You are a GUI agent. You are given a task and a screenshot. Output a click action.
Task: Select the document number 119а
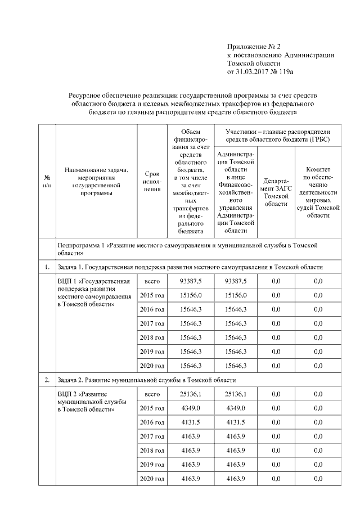(287, 72)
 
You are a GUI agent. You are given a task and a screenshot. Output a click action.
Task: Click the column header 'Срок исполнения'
(152, 182)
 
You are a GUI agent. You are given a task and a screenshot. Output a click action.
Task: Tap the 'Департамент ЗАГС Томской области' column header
(276, 192)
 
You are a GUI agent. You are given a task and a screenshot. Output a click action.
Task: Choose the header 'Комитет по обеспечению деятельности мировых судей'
(318, 192)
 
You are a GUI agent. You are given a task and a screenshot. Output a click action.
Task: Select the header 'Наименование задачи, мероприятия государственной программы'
(97, 182)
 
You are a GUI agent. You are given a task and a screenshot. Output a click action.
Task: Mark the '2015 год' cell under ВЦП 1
(152, 295)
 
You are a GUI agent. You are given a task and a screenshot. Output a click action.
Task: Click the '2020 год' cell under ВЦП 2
(152, 479)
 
